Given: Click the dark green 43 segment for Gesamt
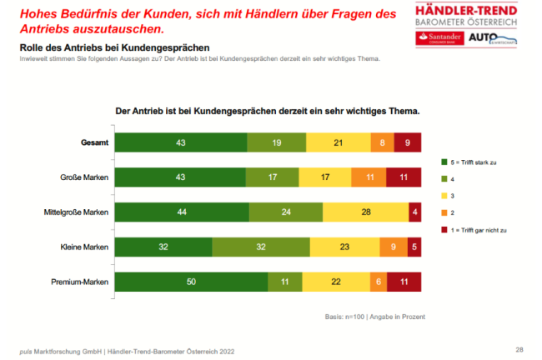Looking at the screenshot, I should pos(181,142).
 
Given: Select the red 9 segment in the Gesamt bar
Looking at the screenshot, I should pos(408,142).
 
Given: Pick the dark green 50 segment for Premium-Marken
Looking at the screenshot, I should pos(191,282).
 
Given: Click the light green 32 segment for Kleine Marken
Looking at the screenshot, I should pos(261,247).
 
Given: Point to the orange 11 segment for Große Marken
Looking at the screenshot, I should pos(369,177).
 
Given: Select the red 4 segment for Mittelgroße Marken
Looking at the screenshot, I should pos(414,212).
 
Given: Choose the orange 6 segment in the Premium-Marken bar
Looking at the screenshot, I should pos(378,282).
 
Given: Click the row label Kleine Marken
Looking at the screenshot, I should pos(85,247).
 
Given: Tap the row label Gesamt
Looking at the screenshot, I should pos(93,142).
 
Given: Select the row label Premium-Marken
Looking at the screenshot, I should pos(81,282).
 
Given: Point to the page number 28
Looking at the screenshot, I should pos(519,348).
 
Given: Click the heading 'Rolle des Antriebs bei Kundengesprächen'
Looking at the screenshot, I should pos(114,48).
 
